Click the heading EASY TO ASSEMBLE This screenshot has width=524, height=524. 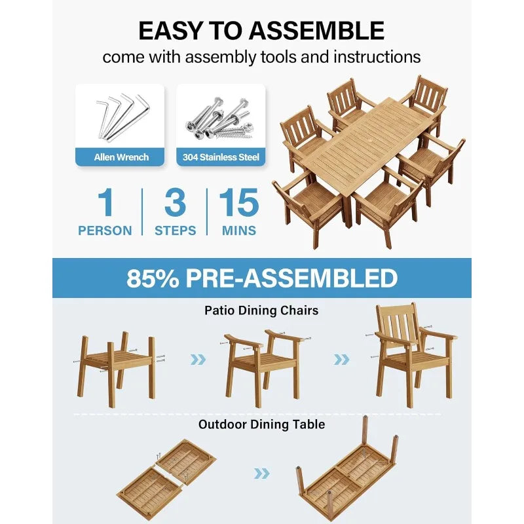(261, 30)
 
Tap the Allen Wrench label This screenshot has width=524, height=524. (121, 157)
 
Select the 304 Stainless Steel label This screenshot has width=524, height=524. (221, 157)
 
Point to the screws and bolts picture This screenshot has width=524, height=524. (221, 116)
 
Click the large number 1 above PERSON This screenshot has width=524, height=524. (105, 203)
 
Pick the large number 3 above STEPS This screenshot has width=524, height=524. (175, 203)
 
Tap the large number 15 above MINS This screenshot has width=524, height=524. (238, 203)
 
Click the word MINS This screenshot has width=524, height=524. (238, 231)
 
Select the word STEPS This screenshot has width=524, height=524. (175, 231)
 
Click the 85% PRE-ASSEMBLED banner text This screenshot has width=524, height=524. (262, 278)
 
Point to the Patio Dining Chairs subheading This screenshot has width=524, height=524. (261, 310)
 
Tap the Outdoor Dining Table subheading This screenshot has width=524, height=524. (261, 424)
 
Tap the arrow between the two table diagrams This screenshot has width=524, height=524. (262, 473)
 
